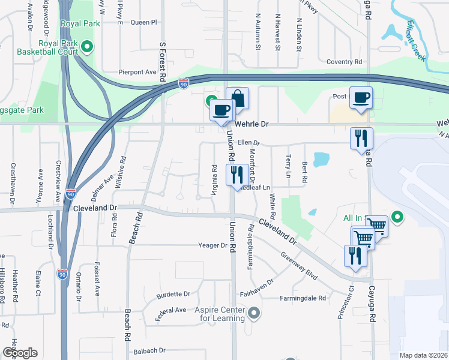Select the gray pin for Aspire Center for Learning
[255, 313]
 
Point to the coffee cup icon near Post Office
[361, 97]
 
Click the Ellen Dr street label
[248, 143]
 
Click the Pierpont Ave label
[137, 71]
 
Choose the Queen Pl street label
[143, 22]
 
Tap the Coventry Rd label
[344, 62]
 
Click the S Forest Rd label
[162, 61]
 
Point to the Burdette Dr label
[173, 294]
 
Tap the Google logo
[20, 352]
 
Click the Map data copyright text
[423, 355]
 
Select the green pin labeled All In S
[396, 217]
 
